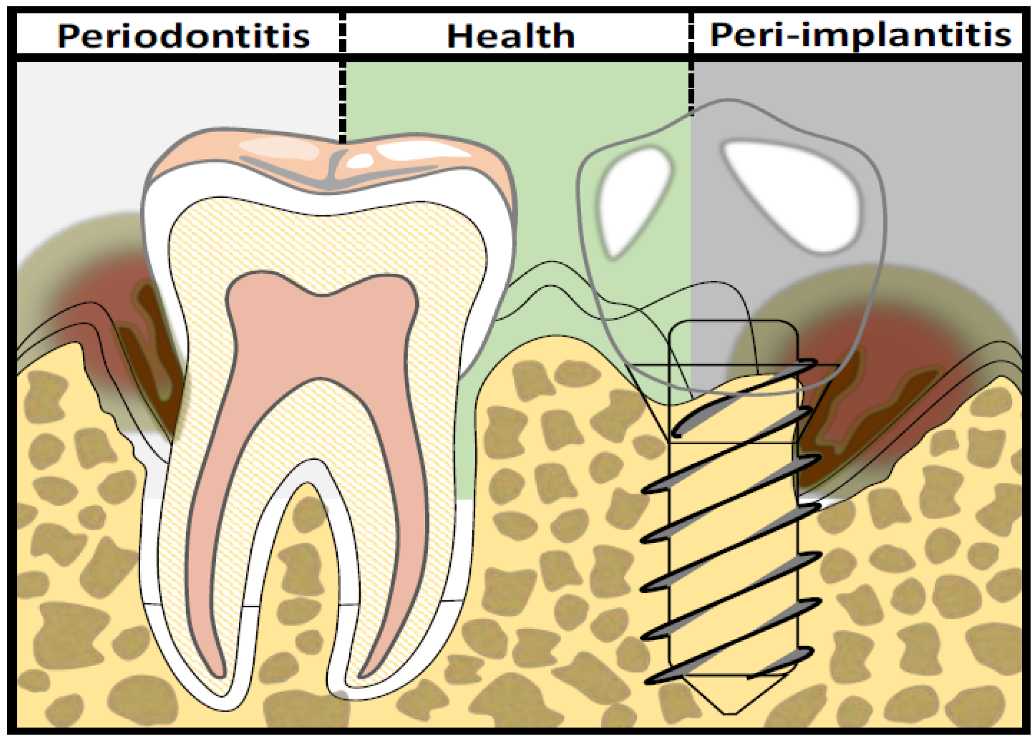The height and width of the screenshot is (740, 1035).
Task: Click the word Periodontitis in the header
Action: coord(184,36)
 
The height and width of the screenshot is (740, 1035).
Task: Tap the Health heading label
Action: coord(510,36)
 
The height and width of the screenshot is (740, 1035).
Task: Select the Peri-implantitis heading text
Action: coord(860,35)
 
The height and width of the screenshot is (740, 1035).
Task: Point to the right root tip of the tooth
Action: coord(349,691)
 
